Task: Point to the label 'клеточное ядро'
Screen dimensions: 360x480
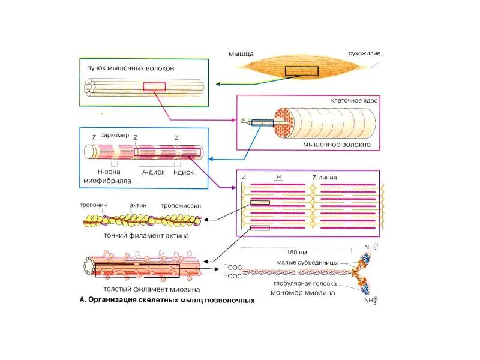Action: coord(355,101)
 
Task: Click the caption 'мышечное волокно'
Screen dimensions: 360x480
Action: coord(337,145)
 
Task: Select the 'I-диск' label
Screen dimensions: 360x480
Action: coord(183,171)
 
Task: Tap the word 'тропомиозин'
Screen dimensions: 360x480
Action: coord(180,205)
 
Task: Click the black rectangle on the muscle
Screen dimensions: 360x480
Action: coord(301,71)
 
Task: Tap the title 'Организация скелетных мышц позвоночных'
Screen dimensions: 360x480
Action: coord(171,300)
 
